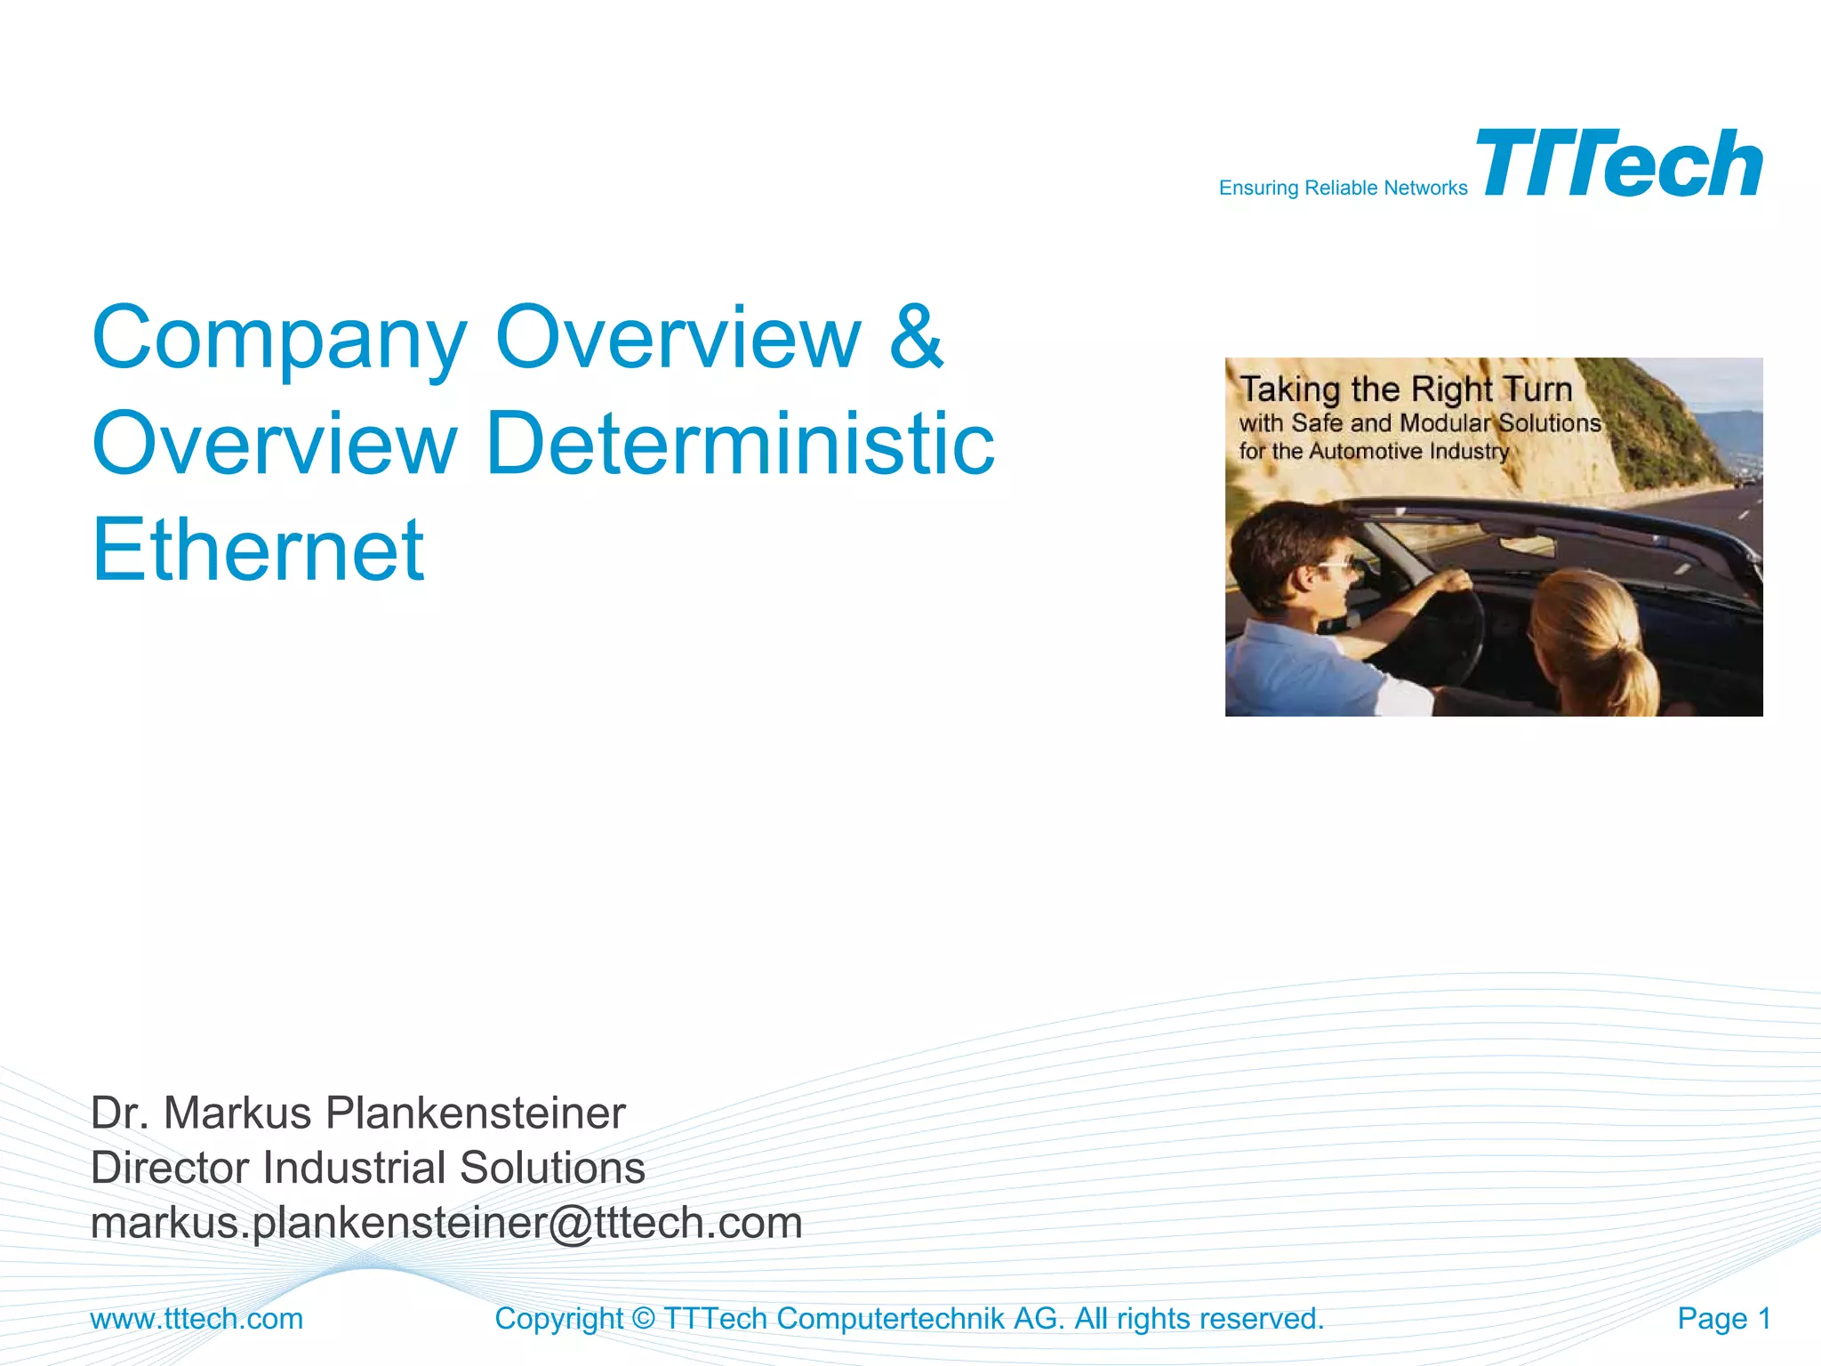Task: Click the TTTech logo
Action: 1618,164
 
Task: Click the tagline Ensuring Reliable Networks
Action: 1343,189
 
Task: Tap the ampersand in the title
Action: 916,337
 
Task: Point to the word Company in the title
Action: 279,339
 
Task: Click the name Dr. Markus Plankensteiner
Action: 357,1113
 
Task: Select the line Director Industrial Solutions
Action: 367,1168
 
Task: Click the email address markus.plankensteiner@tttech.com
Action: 446,1223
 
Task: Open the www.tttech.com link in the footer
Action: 197,1318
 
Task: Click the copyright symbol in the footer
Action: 643,1319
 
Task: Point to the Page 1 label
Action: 1723,1318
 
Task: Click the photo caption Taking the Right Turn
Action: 1406,390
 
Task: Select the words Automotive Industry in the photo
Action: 1408,452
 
